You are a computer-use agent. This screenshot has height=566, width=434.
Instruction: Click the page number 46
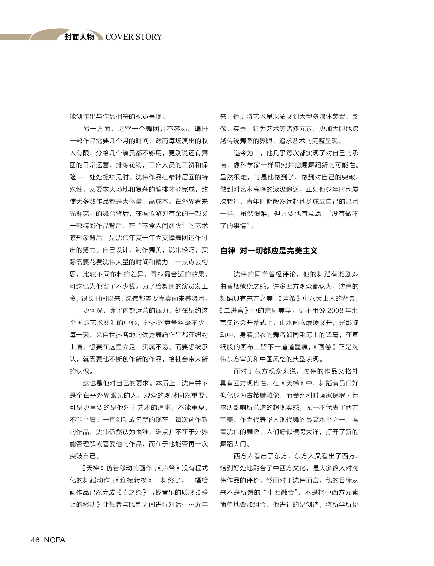(35, 540)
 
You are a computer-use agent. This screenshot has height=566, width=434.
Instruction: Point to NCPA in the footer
(55, 540)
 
